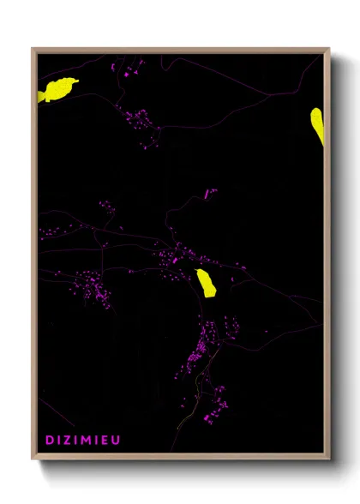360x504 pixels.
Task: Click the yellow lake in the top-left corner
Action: point(57,89)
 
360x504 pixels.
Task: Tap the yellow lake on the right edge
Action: point(317,125)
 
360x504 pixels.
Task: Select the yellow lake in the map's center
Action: point(206,282)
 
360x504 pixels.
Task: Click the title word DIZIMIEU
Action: point(83,440)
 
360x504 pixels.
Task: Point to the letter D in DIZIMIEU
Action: point(50,440)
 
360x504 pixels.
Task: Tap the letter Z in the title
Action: point(69,440)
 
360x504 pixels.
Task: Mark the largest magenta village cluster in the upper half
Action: point(141,125)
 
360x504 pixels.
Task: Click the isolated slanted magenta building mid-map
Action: point(208,193)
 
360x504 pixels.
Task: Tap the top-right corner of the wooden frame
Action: point(328,50)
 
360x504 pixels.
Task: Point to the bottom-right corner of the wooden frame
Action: point(328,459)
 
